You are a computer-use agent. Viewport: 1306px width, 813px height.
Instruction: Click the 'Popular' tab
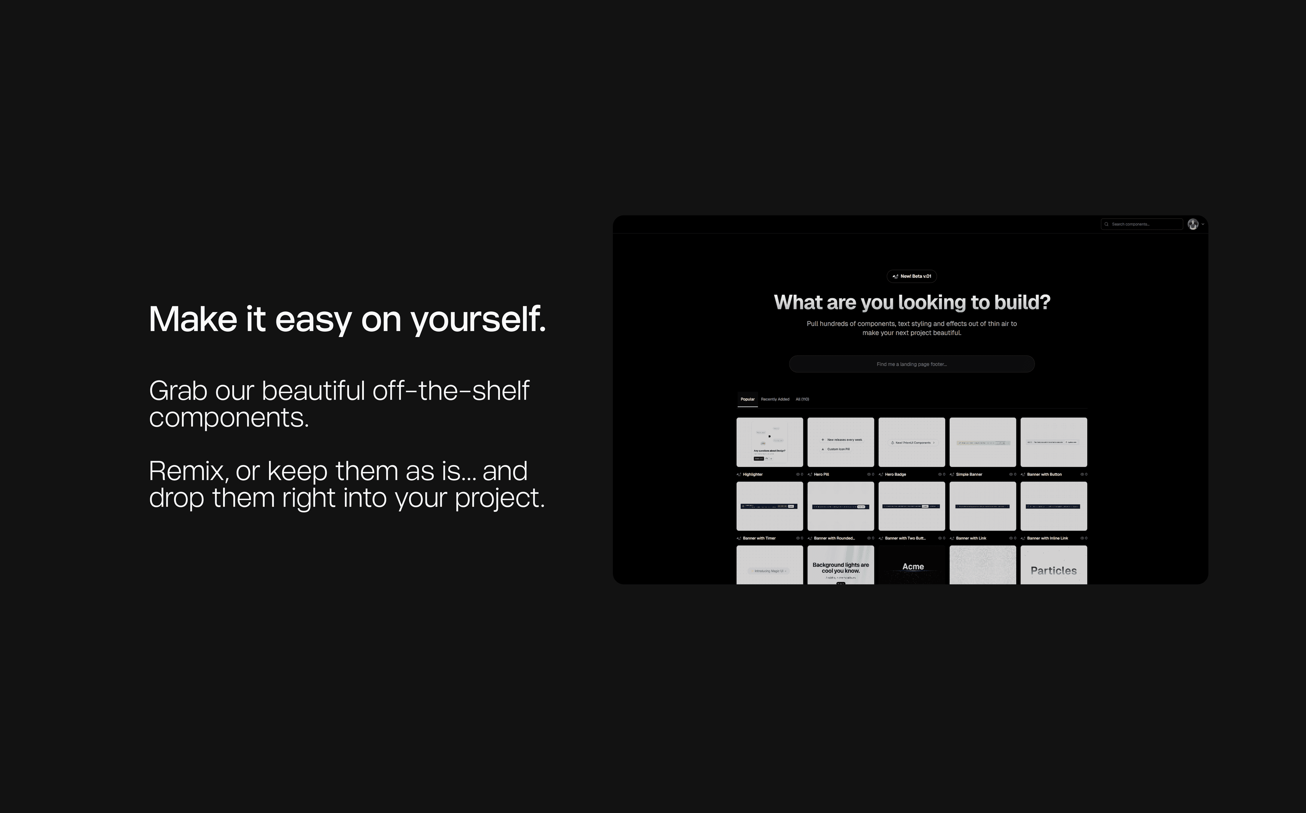click(747, 399)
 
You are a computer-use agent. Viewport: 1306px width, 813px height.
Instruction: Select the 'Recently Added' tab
click(775, 399)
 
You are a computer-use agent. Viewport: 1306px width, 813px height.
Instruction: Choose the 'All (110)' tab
click(802, 399)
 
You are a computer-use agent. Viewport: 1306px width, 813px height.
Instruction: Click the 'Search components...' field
click(1142, 224)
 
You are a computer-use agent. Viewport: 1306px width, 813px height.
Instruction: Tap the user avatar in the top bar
click(1192, 224)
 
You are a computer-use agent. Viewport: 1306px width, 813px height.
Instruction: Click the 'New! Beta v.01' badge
click(911, 276)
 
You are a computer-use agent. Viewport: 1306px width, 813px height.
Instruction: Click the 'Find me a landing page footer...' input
click(911, 364)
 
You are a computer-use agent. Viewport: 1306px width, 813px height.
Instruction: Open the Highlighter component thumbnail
click(769, 442)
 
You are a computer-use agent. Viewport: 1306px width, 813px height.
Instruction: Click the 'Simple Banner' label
click(969, 474)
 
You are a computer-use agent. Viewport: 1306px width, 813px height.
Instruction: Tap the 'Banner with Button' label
click(1044, 474)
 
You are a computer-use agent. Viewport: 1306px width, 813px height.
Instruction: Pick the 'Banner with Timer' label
click(759, 538)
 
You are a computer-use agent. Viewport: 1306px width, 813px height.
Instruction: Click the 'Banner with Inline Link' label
click(1048, 538)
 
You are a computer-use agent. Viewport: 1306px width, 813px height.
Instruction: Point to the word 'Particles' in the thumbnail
click(1053, 571)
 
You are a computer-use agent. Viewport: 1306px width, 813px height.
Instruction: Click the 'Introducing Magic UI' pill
click(769, 571)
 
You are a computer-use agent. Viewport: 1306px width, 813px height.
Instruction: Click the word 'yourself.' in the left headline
click(478, 319)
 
